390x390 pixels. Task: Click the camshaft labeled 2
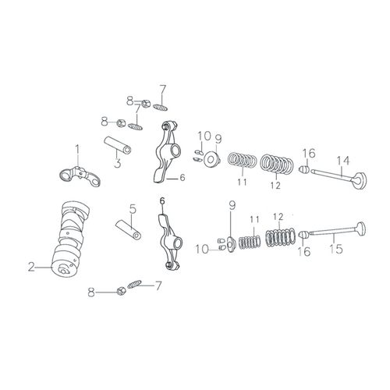point(70,239)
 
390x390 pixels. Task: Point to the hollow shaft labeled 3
point(118,145)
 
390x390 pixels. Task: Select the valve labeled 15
point(336,229)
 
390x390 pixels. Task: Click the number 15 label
point(336,249)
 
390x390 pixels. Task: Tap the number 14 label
point(343,161)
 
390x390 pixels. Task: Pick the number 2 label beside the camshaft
point(31,267)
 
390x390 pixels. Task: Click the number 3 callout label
point(118,163)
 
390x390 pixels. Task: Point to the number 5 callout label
point(133,209)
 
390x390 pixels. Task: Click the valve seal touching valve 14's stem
point(304,170)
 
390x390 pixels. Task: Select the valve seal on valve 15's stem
point(303,235)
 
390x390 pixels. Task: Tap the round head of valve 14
point(360,180)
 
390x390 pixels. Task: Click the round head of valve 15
point(360,229)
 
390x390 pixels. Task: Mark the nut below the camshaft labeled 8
point(120,291)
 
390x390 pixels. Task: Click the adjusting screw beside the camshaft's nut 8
point(134,284)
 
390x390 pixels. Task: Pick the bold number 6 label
point(162,200)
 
